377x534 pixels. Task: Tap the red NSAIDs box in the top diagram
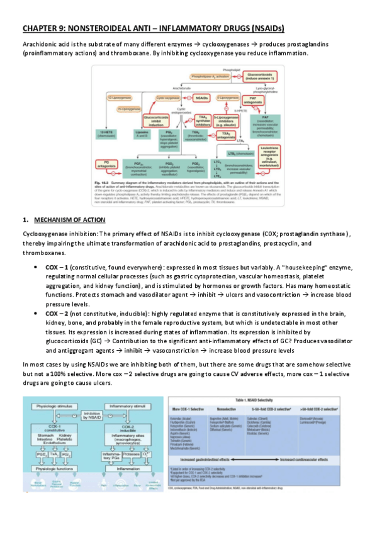[x=201, y=99]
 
